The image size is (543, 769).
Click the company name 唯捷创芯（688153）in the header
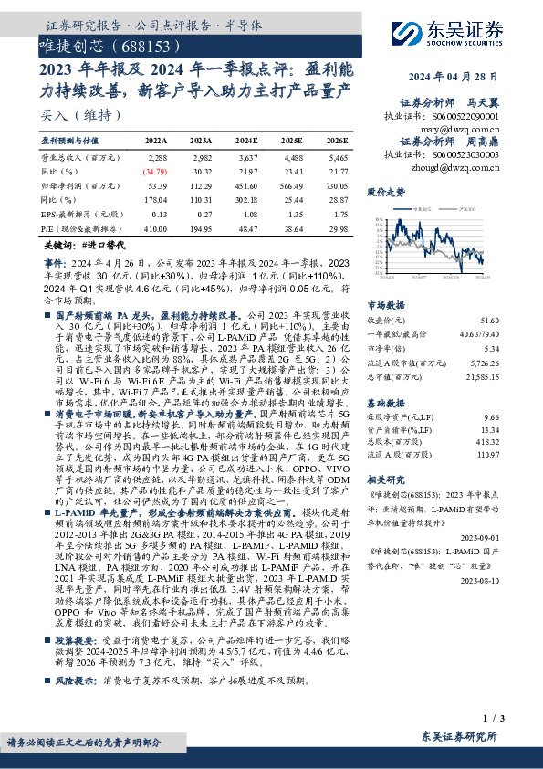coord(109,45)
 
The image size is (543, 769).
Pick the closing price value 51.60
coord(490,321)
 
